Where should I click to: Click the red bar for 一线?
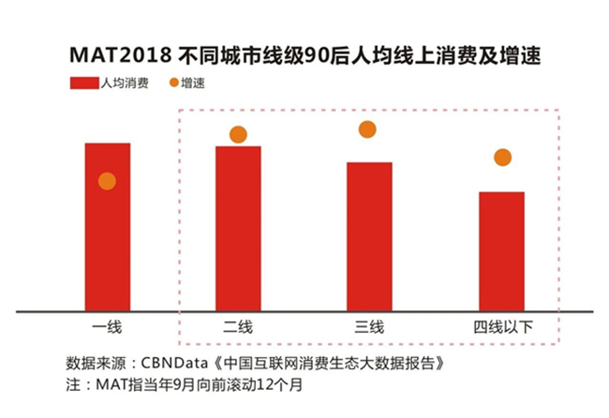107,225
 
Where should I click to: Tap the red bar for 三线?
369,234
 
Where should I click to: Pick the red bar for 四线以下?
501,249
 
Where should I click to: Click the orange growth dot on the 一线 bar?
107,181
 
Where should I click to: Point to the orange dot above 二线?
238,135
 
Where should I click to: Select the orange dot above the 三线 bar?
367,129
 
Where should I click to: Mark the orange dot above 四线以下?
502,157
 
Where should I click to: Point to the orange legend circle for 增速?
174,83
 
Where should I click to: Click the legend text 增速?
194,83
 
